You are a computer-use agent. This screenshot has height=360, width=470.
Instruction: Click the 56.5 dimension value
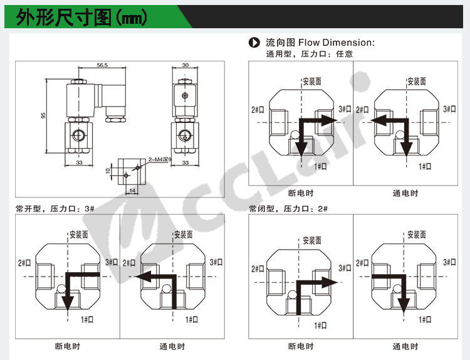click(102, 65)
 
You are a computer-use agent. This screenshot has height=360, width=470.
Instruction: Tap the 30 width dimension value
click(185, 65)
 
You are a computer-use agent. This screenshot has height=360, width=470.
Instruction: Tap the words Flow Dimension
click(336, 43)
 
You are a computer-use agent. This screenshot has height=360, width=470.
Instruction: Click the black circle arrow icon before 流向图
click(254, 43)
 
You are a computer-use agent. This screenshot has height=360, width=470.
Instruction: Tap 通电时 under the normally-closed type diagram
click(405, 346)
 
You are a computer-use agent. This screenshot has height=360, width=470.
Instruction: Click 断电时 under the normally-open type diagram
click(68, 346)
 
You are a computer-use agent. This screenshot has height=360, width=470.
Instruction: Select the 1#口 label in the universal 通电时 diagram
click(425, 166)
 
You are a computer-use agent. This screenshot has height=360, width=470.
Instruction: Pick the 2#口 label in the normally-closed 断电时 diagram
click(258, 268)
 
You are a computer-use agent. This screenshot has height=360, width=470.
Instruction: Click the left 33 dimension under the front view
click(80, 162)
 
